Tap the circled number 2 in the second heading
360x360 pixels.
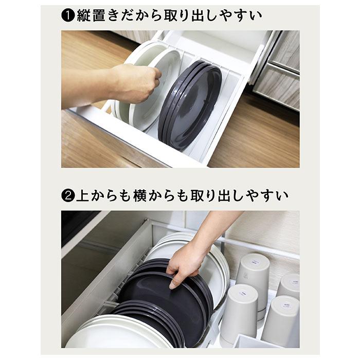tap(68, 196)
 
